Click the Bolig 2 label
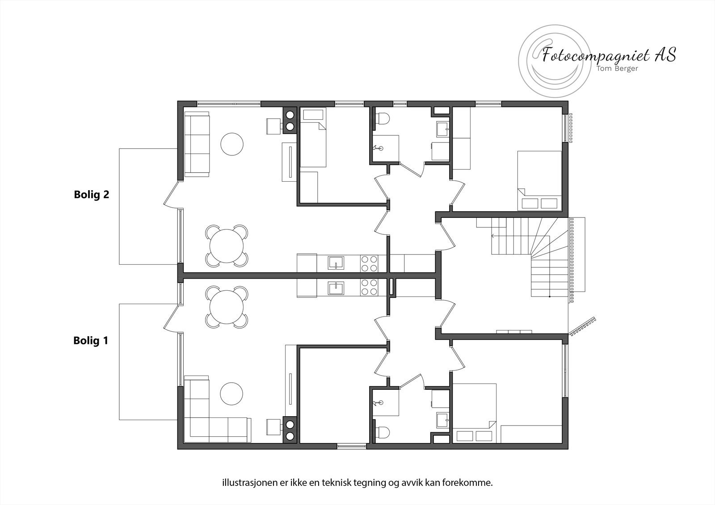(x=91, y=195)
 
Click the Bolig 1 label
(x=91, y=341)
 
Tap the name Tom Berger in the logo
(x=617, y=68)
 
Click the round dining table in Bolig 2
(x=227, y=246)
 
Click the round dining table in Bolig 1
(x=227, y=308)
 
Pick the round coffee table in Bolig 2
(x=232, y=144)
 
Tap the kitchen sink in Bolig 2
(x=336, y=263)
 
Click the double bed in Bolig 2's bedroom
(x=539, y=180)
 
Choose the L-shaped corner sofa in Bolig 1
(x=210, y=415)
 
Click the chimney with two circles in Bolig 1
(x=290, y=430)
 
